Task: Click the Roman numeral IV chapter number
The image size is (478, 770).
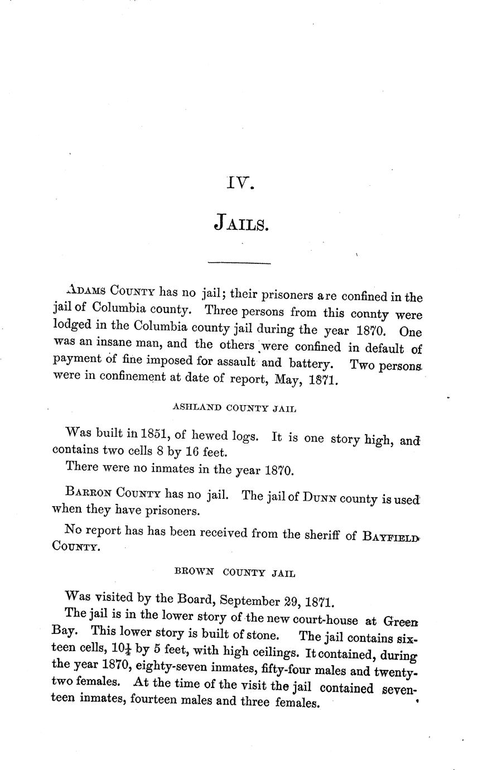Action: (x=240, y=183)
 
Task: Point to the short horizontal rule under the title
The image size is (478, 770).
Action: (x=239, y=262)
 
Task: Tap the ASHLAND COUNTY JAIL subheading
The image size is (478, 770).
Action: (x=234, y=408)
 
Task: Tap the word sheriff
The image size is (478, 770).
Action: (x=322, y=535)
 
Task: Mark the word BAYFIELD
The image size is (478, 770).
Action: (x=390, y=537)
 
